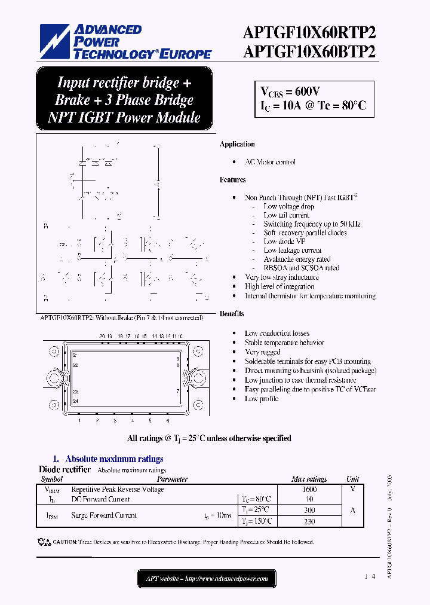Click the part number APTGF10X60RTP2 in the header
point(309,33)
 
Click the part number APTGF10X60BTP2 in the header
point(309,51)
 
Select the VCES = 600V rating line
point(290,91)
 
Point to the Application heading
point(237,144)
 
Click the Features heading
point(232,179)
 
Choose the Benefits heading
point(232,313)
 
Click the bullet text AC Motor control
point(270,162)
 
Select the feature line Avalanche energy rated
point(297,259)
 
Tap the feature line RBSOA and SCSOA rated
point(302,268)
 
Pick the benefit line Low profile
point(262,399)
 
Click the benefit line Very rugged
point(262,352)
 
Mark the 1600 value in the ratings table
point(309,489)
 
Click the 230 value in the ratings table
point(309,521)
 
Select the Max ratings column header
point(309,479)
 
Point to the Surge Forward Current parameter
point(104,515)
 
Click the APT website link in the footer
point(207,579)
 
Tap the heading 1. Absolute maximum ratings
point(108,459)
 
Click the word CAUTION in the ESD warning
point(65,542)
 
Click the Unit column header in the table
point(352,479)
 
